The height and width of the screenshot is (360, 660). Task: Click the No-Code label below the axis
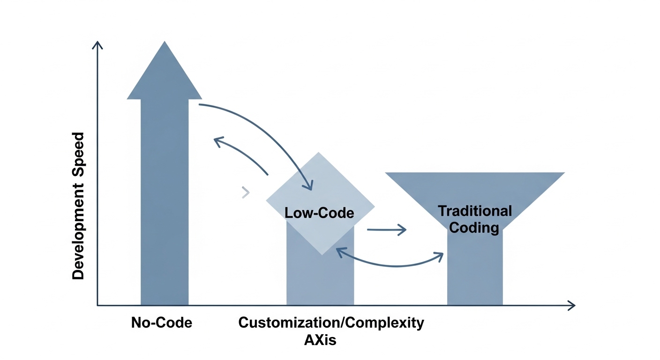point(162,322)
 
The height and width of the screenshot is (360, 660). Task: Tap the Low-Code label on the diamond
point(319,213)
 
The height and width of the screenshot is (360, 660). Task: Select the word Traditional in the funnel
point(475,211)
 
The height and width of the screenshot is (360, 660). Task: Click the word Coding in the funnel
point(474,228)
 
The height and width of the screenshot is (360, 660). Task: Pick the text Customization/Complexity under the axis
point(331,322)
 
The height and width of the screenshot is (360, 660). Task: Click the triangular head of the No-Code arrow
point(165,75)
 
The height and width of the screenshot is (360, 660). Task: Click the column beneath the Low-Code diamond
point(320,281)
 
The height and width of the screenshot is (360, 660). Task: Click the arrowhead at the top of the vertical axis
point(97,45)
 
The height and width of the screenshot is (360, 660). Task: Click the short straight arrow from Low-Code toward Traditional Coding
point(386,230)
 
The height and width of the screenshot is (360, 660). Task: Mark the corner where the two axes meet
point(97,306)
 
